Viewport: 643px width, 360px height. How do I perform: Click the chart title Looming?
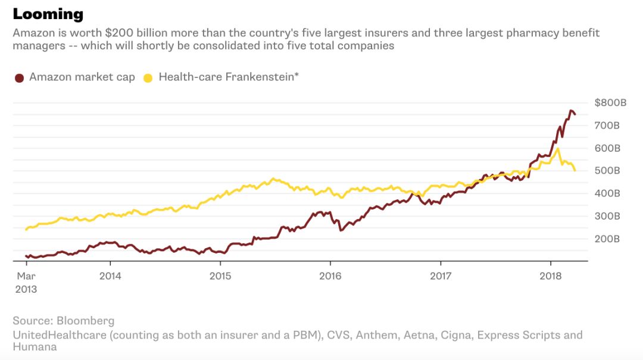(48, 14)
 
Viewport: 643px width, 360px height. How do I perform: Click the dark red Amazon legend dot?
(19, 77)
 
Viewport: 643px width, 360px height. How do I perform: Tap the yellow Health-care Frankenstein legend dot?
(148, 77)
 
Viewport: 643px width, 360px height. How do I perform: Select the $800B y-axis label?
(610, 103)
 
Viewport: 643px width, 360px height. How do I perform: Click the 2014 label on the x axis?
(110, 276)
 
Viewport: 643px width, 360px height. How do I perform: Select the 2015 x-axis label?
(220, 276)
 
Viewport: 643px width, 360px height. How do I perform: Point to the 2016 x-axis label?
(330, 276)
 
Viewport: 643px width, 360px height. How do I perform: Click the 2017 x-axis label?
(441, 276)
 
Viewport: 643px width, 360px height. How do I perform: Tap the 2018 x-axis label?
(550, 276)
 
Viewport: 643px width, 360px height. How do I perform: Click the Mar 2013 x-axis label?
(27, 283)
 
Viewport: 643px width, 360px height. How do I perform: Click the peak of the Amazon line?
(571, 111)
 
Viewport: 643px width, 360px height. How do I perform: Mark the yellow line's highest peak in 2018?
(557, 149)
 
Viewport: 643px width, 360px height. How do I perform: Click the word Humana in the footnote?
(35, 346)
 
